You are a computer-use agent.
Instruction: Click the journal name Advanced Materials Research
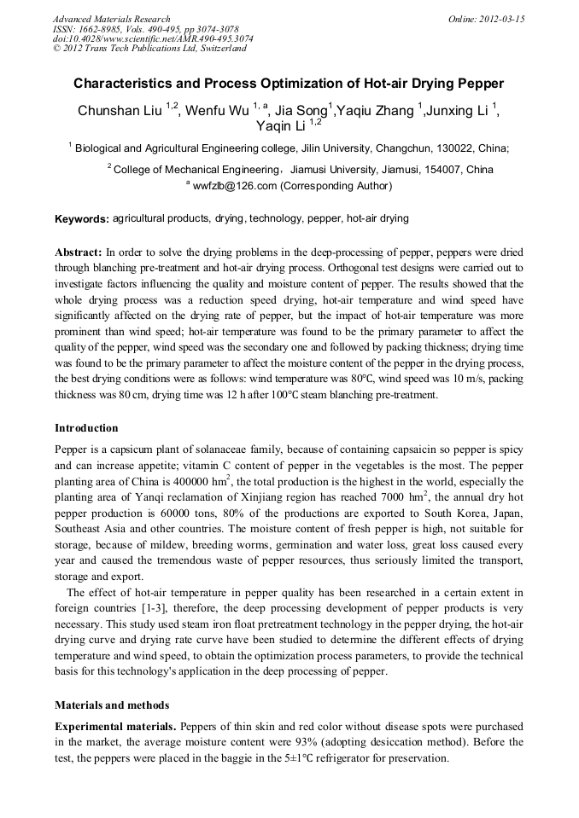tap(111, 19)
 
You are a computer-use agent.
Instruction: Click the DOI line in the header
tap(153, 38)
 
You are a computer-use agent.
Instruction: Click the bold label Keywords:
tap(82, 219)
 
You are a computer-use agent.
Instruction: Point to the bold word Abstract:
tap(79, 253)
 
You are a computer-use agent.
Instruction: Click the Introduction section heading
tap(86, 428)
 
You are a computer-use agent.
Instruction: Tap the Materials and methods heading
tap(112, 705)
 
